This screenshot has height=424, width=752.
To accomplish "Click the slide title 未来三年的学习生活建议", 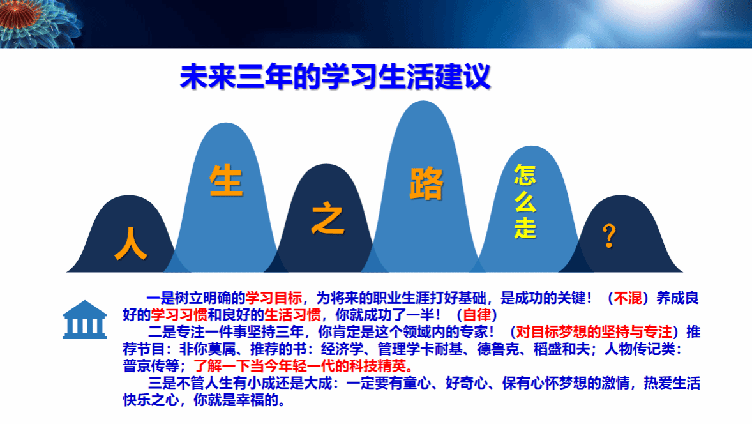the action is (x=335, y=76).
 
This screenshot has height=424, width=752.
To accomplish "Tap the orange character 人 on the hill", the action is (x=131, y=244).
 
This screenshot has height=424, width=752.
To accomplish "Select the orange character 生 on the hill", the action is (x=226, y=180).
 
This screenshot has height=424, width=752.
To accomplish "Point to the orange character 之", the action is (x=327, y=220).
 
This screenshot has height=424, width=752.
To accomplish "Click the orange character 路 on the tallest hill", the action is (x=426, y=183).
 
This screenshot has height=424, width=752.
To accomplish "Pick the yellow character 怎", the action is (x=525, y=174).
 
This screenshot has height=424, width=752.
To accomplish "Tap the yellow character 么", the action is (x=525, y=201).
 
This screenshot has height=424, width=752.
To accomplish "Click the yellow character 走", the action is (x=525, y=228).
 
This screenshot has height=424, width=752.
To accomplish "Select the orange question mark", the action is (x=609, y=236).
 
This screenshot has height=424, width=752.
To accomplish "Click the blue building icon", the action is (x=85, y=320).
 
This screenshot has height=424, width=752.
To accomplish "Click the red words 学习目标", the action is (x=274, y=298).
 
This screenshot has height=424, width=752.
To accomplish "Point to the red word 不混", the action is (x=628, y=298).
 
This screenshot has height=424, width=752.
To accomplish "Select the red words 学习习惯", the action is (x=179, y=315).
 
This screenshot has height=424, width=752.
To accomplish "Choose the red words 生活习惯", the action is (x=292, y=315).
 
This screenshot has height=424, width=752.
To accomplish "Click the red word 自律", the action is (x=478, y=315).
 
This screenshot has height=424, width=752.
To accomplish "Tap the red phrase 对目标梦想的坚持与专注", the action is (x=594, y=332).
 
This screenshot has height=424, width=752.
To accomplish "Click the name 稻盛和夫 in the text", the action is (x=562, y=349).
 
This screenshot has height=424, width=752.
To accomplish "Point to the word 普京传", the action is (x=144, y=366).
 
